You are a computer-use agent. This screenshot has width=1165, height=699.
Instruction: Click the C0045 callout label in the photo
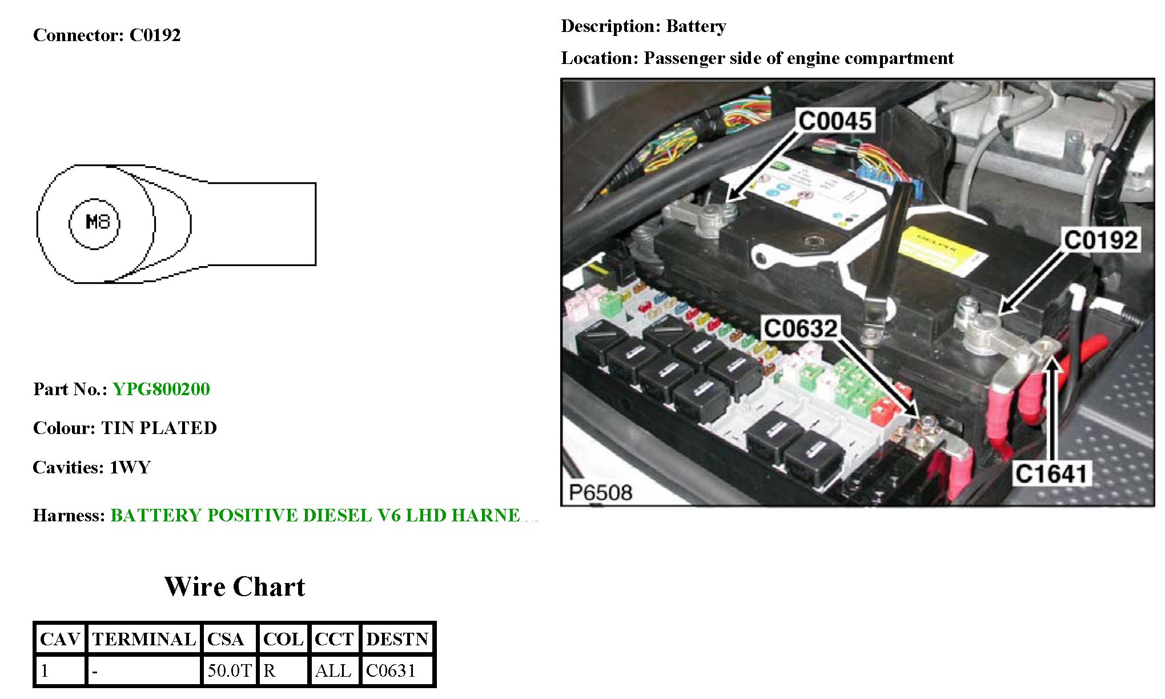[835, 121]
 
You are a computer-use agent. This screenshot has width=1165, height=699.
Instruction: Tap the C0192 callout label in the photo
[1100, 240]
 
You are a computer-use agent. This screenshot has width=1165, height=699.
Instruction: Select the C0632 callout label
[801, 328]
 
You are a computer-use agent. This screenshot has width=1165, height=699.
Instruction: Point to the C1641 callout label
[1051, 473]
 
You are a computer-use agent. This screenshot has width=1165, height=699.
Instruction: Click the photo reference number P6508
[600, 492]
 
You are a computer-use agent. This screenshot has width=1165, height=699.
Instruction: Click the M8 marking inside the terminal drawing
[97, 222]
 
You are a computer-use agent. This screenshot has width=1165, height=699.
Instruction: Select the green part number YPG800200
[161, 389]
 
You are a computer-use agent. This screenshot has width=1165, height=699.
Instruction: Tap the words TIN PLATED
[159, 428]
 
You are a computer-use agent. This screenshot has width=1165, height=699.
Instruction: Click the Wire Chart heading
[235, 586]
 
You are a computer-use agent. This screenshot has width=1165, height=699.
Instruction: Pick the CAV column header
[60, 638]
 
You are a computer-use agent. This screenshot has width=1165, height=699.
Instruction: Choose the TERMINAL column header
[144, 638]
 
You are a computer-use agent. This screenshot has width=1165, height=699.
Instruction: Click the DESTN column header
[397, 638]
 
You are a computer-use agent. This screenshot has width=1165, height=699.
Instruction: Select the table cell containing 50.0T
[229, 670]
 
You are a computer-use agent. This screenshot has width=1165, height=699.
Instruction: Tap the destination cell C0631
[391, 670]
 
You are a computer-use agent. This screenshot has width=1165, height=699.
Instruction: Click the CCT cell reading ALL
[333, 670]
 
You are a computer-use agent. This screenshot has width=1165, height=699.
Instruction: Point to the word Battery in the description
[696, 26]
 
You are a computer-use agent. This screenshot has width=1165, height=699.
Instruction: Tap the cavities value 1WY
[130, 467]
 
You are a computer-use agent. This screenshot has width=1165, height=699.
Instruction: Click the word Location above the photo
[598, 58]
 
